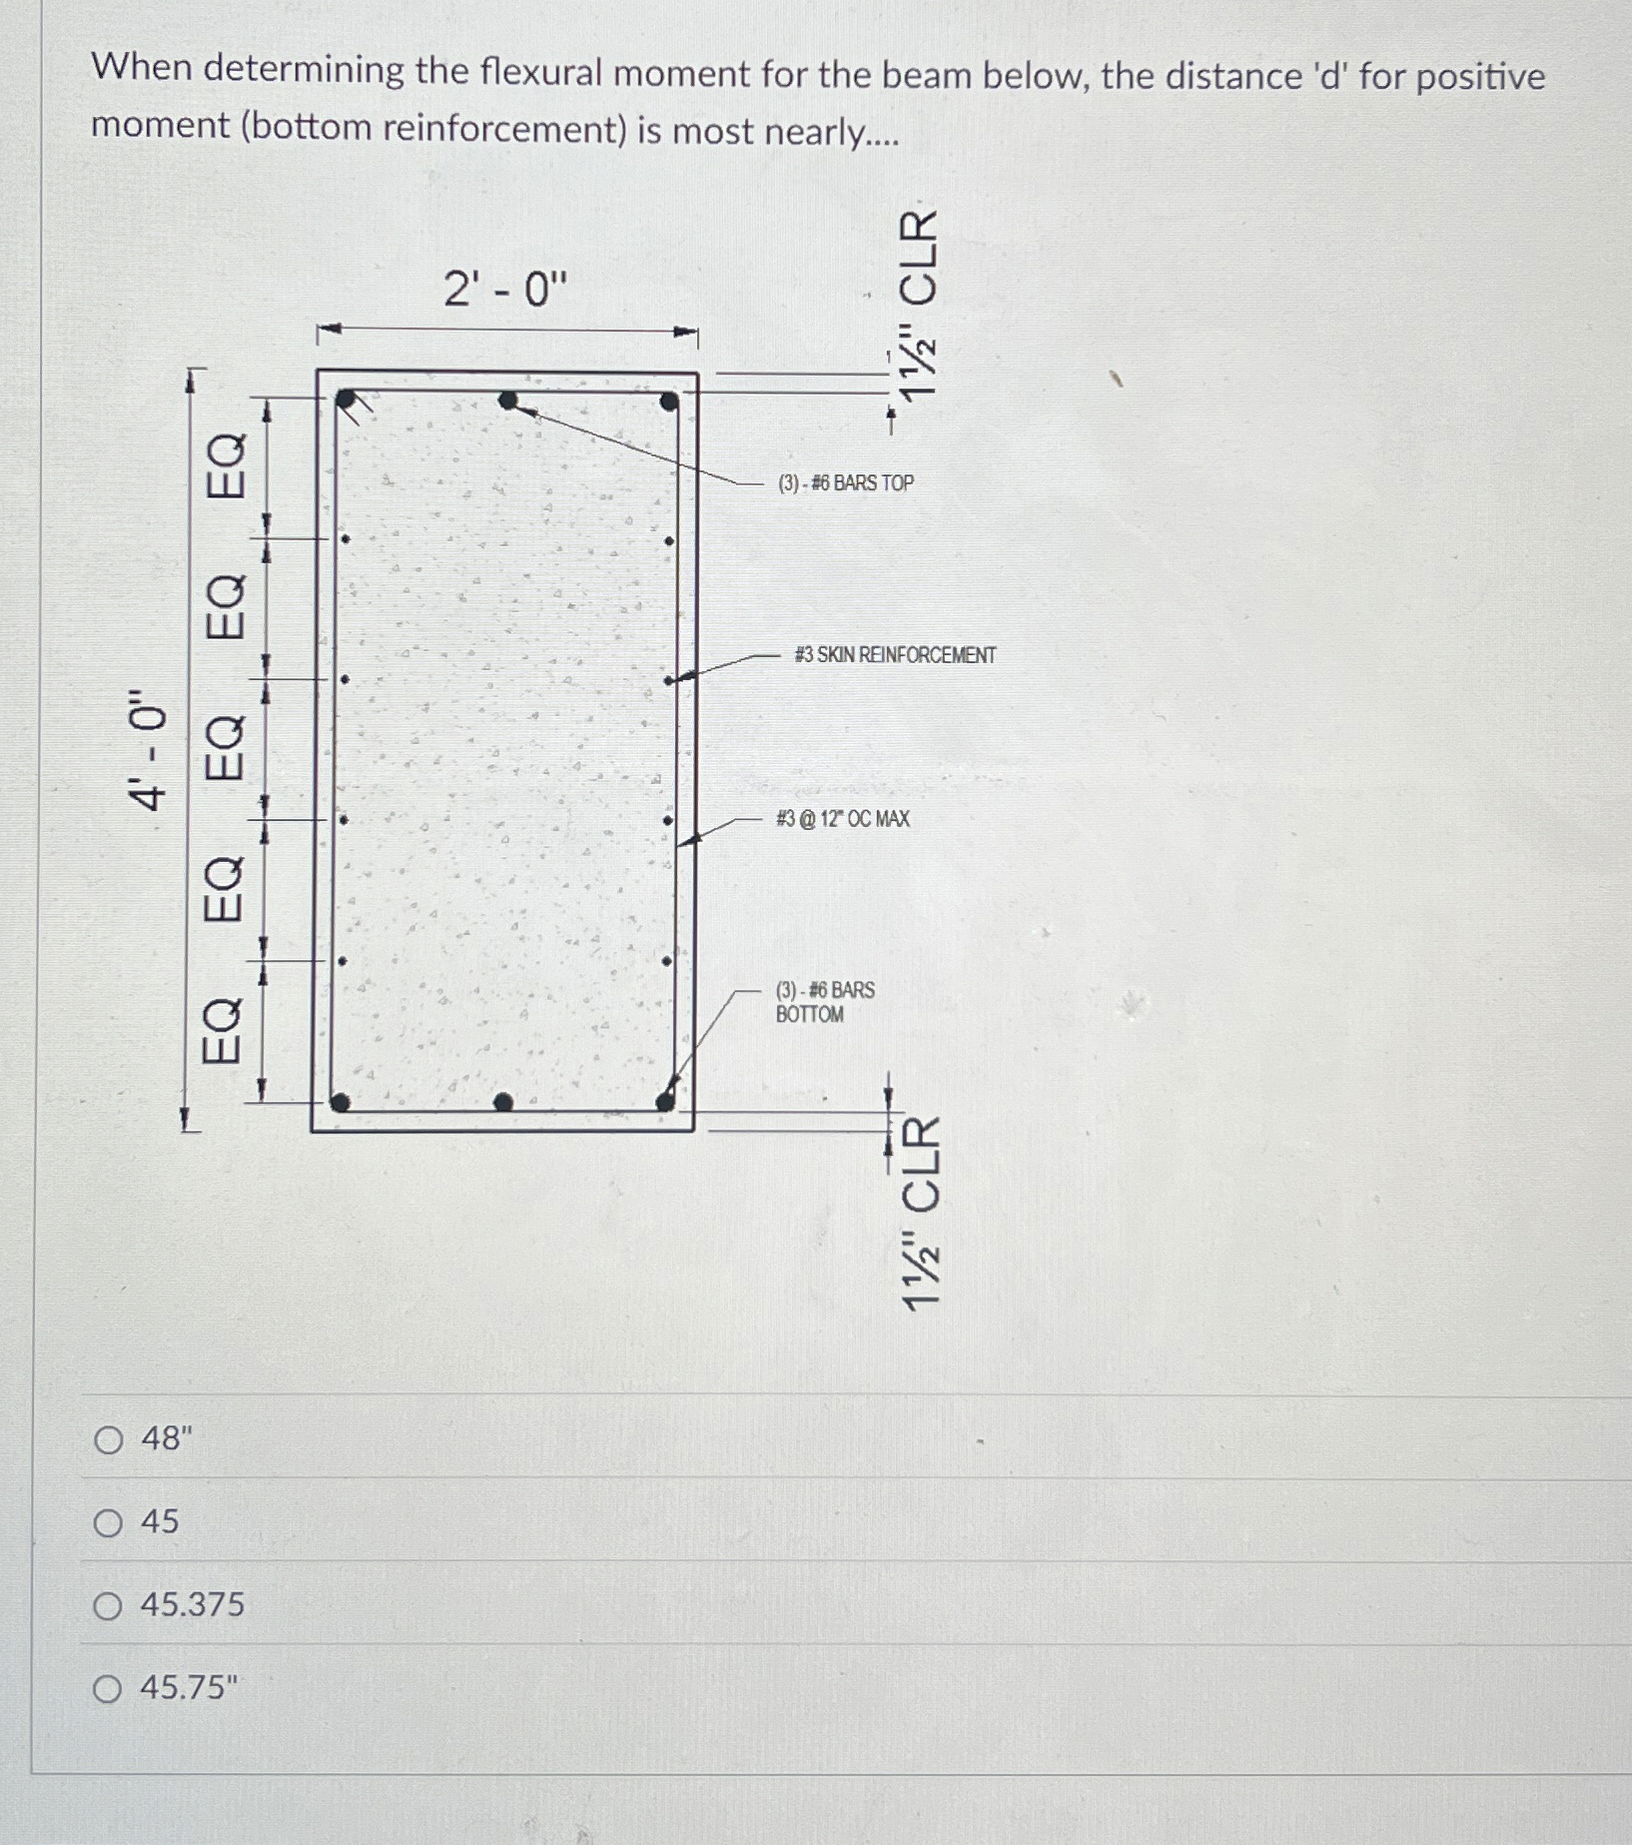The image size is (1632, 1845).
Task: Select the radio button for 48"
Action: pos(108,1439)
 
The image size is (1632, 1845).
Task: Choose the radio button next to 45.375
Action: pos(108,1605)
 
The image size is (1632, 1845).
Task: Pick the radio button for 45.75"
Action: pos(108,1688)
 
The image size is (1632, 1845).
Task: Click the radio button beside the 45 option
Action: pos(108,1522)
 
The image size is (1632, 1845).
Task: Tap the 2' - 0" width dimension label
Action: pos(504,290)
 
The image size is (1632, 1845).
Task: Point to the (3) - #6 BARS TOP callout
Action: pos(845,483)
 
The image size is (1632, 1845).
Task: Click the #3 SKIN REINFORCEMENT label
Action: pos(895,655)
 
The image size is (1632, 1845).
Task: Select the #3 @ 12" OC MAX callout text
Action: pos(843,819)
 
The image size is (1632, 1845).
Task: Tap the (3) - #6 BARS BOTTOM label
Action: pos(824,1002)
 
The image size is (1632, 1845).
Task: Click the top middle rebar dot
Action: pos(507,401)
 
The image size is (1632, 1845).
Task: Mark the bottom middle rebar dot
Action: pos(503,1102)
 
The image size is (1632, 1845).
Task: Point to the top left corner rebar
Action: pos(346,400)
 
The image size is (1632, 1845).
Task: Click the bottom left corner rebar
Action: pos(340,1102)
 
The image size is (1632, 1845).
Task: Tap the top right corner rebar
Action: pos(668,402)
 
